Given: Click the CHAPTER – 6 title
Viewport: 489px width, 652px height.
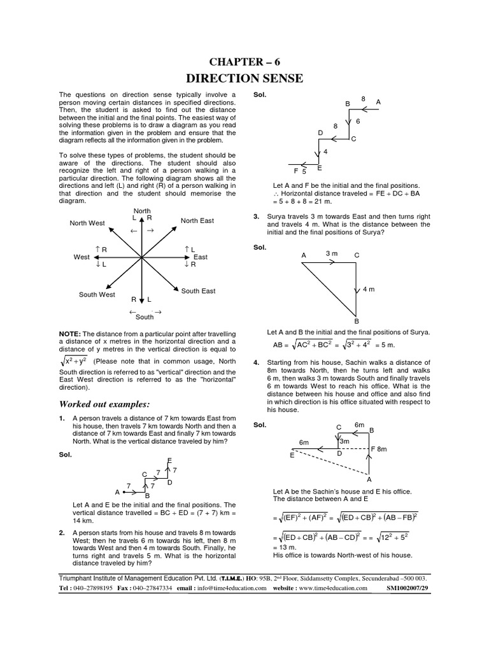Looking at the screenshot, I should pos(244,61).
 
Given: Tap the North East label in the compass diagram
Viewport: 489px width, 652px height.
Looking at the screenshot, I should pos(197,221).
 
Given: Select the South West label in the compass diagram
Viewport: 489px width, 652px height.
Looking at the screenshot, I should pos(97,295).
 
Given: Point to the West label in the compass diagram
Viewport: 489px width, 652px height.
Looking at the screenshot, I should pos(81,257).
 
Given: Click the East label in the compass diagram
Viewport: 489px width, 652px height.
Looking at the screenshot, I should pos(201,257).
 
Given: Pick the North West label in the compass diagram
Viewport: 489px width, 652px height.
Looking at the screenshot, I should pos(87,223).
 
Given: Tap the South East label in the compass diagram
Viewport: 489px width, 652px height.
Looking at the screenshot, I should pos(198,291).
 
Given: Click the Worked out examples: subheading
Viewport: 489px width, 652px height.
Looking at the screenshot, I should pos(104,404).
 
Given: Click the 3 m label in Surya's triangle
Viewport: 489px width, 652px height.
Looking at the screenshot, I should pos(331,253).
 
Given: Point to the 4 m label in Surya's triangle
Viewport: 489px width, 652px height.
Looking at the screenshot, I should pos(369,290).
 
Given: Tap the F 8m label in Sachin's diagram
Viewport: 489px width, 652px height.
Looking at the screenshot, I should pos(379,449).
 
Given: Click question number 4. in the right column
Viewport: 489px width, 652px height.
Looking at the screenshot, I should pos(257,362).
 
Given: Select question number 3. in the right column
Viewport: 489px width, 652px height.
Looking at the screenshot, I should pos(257,217).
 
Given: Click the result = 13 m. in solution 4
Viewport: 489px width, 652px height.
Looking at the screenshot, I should pos(285,547).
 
